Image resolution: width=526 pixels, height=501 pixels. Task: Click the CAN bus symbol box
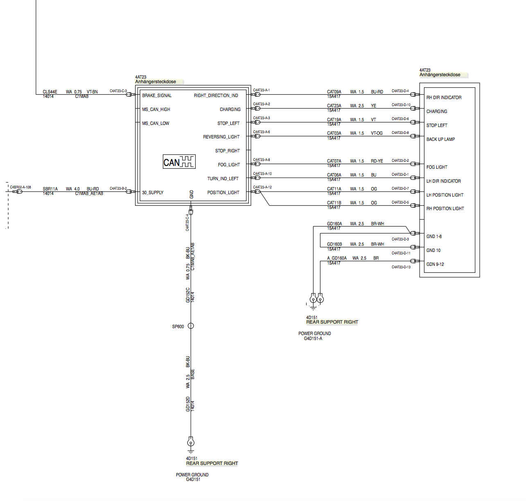(179, 162)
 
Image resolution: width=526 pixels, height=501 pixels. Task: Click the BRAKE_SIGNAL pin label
(157, 95)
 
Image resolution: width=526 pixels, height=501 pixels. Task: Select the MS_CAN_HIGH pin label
(156, 109)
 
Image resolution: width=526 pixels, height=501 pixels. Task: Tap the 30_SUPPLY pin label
(153, 193)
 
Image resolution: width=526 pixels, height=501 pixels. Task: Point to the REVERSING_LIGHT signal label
(221, 137)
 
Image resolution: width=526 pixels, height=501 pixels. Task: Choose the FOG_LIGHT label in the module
(229, 165)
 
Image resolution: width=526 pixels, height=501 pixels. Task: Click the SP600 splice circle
(191, 326)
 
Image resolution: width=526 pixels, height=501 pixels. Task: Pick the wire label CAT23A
(334, 106)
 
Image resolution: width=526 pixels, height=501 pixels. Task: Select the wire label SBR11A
(50, 189)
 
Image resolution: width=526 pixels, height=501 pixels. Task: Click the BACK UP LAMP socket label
(440, 139)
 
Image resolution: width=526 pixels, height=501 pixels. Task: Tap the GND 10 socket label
(433, 250)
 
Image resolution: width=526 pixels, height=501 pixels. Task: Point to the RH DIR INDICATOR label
(444, 97)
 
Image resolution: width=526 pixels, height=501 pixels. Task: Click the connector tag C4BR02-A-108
(20, 187)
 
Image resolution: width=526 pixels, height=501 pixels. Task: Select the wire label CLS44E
(50, 92)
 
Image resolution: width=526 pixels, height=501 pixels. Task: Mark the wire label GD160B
(334, 244)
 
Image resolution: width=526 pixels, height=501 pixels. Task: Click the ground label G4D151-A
(313, 339)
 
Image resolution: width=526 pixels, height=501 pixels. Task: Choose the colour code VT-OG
(377, 133)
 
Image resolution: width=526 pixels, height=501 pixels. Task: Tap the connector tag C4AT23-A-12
(262, 187)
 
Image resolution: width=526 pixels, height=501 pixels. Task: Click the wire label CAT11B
(334, 203)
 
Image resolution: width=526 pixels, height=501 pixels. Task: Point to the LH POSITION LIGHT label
(445, 195)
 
